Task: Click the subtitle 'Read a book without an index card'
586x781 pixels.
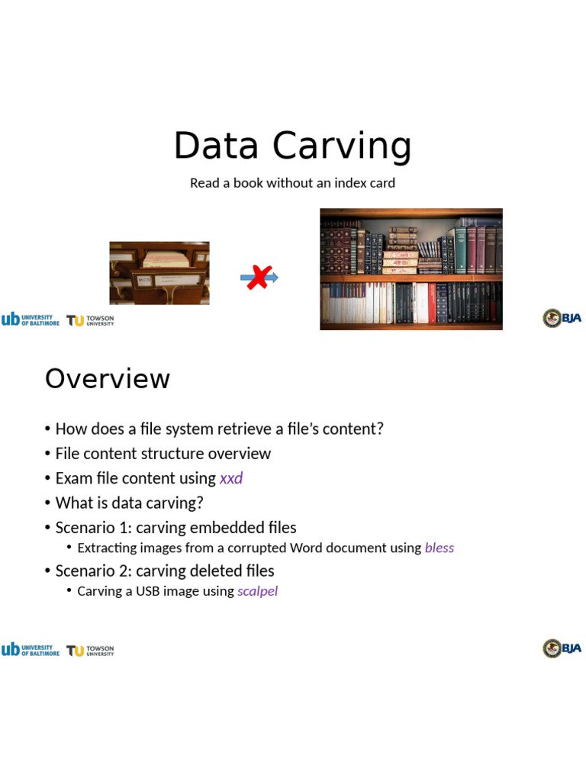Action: (x=292, y=183)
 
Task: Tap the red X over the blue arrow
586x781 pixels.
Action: (x=259, y=277)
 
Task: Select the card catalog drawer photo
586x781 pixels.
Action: (x=159, y=273)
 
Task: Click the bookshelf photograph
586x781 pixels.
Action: (x=411, y=268)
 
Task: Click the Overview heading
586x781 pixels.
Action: (x=108, y=379)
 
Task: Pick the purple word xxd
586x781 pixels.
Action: (x=231, y=478)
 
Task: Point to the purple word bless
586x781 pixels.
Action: (x=439, y=548)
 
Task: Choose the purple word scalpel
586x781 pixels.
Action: (x=257, y=591)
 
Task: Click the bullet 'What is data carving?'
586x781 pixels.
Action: (x=129, y=503)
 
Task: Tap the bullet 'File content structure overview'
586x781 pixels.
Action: (x=163, y=454)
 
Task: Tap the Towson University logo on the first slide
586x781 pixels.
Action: (x=90, y=320)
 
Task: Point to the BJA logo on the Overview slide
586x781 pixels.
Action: (x=562, y=649)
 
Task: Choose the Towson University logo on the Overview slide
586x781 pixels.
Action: (x=90, y=651)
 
